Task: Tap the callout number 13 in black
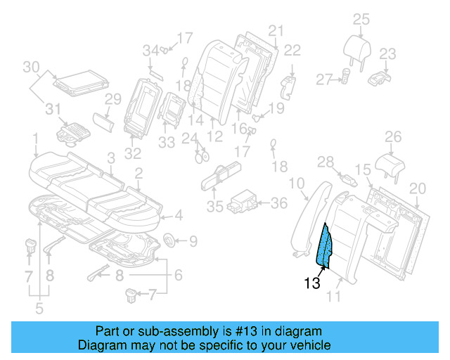313,284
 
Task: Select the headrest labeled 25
360,48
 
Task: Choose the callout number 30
30,67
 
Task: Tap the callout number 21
275,30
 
